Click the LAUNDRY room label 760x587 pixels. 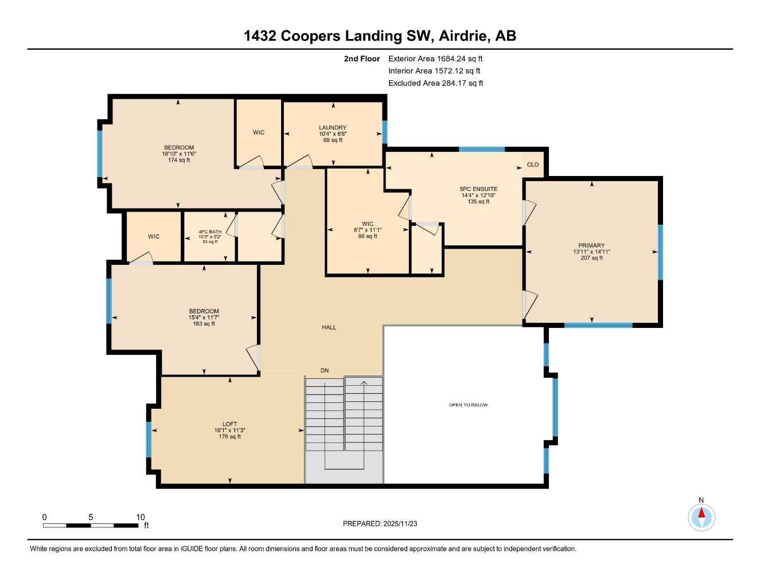333,128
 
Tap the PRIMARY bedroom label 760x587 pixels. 591,245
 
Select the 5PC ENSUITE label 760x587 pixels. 478,189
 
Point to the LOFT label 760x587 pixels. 229,424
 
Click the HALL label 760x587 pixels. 329,327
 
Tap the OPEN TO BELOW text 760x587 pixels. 468,405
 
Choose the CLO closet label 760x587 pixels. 533,165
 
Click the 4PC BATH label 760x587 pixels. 210,232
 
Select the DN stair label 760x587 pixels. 325,370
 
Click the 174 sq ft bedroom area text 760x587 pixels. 179,161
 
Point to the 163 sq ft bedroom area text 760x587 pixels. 204,324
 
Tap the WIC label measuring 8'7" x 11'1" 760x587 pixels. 368,224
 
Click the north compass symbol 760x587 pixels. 701,516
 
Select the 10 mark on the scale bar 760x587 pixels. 141,517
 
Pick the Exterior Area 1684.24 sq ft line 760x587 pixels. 435,58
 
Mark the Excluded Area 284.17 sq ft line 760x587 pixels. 435,83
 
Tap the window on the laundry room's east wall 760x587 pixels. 385,132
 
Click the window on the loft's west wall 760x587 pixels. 149,439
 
